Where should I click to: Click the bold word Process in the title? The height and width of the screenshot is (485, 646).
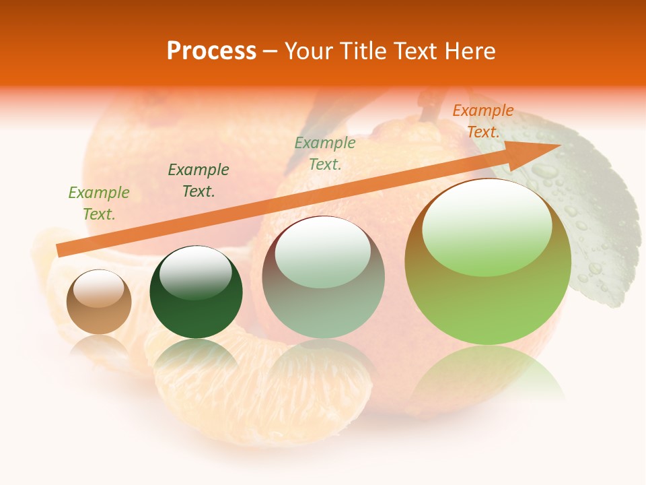tap(211, 51)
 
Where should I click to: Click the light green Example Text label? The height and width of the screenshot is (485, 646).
tap(99, 203)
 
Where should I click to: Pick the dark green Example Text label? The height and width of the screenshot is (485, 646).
tap(199, 181)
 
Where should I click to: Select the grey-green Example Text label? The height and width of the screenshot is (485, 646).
tap(325, 154)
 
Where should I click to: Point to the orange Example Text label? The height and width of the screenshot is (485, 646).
tap(482, 121)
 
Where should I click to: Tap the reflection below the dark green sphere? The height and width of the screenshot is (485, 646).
tap(196, 357)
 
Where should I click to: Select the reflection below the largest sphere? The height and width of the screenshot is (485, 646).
tap(488, 370)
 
